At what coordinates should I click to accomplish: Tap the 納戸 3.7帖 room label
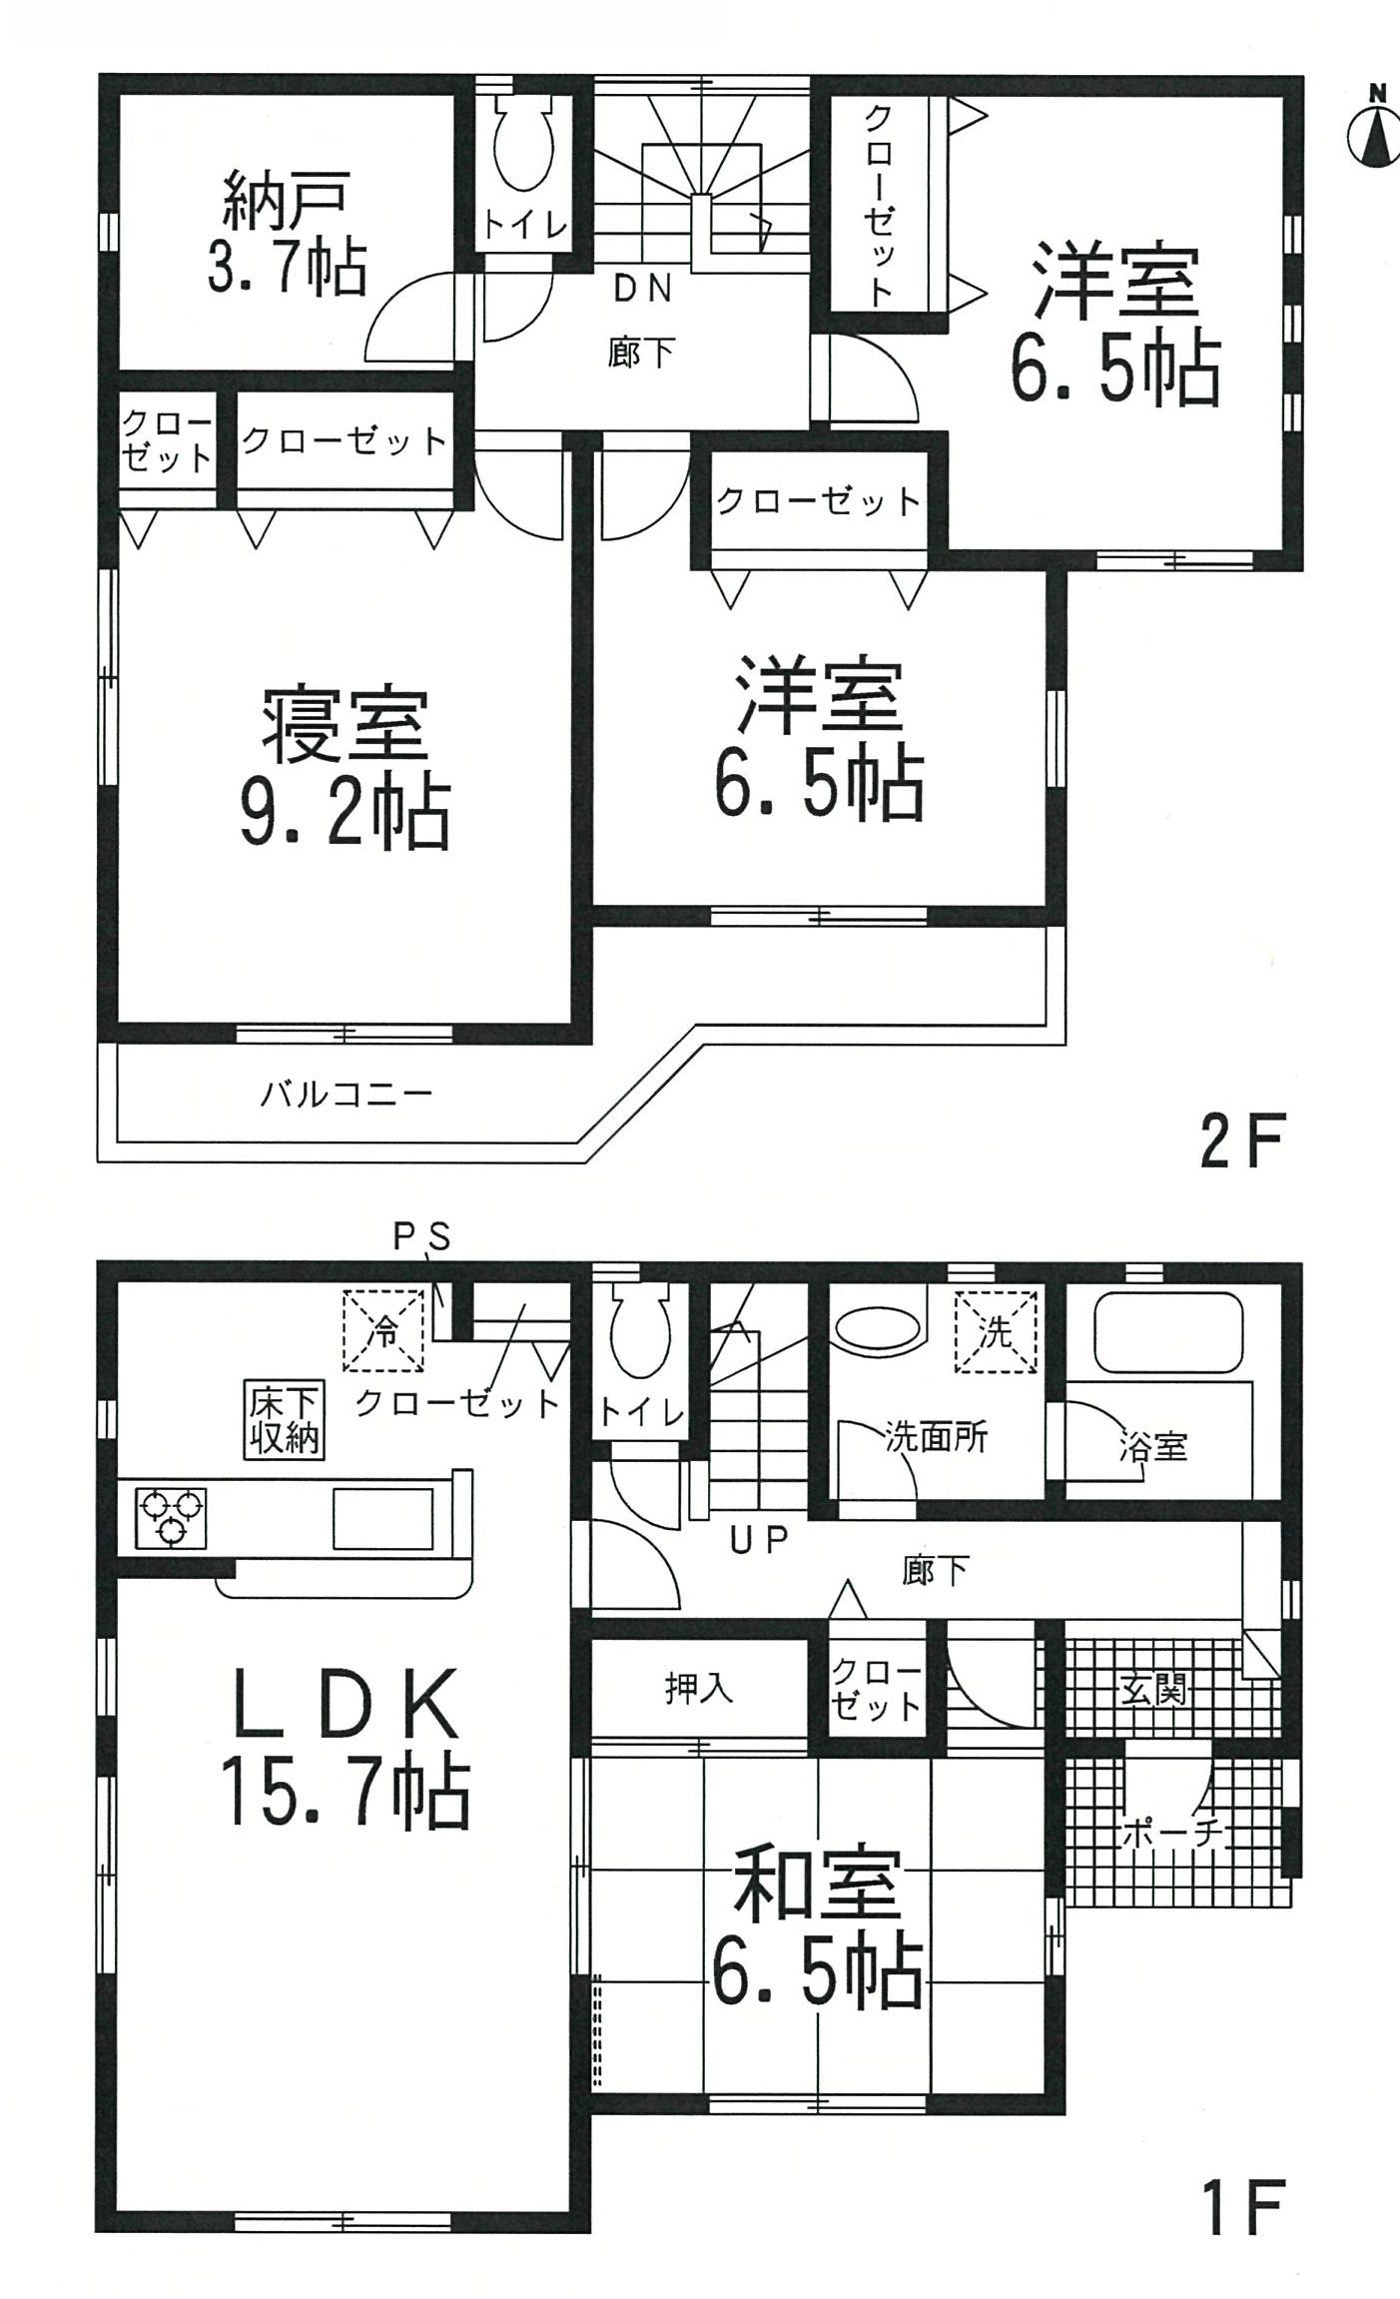(288, 232)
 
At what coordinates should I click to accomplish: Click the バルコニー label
(347, 1095)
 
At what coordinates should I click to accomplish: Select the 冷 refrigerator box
(384, 1330)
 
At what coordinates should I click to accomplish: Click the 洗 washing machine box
(997, 1331)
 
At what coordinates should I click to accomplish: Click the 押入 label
(699, 1689)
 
